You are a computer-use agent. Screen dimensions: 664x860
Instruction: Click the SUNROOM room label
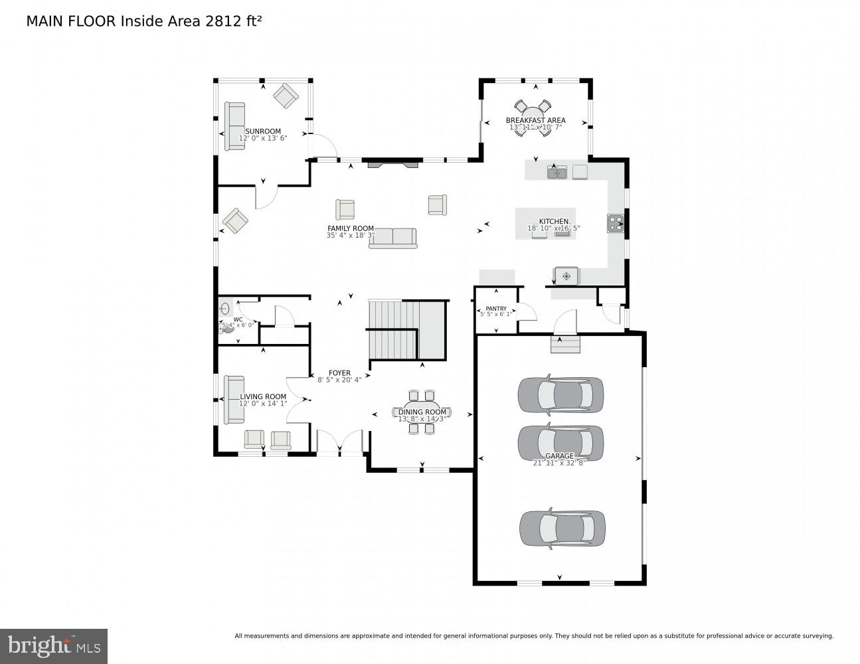tap(263, 131)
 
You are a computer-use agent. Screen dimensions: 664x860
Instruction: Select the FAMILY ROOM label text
tap(351, 228)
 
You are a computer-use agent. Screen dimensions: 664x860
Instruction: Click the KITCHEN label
tap(553, 221)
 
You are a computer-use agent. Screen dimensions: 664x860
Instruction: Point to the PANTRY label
tap(496, 308)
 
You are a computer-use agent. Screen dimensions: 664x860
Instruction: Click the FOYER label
tap(339, 373)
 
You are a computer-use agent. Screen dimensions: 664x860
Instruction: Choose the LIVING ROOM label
tap(263, 396)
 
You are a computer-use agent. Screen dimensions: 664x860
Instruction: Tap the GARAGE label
tap(559, 456)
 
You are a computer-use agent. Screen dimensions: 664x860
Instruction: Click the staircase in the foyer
tap(405, 330)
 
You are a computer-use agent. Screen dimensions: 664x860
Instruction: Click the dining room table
tap(422, 412)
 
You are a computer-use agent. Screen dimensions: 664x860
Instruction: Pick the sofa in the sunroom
tap(234, 125)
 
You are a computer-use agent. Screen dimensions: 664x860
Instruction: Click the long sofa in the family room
tap(392, 238)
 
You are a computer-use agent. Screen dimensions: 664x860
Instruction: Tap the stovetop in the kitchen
tap(615, 223)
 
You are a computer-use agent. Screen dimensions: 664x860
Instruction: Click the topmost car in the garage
tap(560, 394)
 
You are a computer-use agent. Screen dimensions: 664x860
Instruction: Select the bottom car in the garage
tap(562, 528)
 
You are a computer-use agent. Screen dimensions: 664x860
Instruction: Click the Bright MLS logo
tap(54, 645)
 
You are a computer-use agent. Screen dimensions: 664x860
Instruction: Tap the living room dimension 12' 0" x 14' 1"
tap(263, 404)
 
